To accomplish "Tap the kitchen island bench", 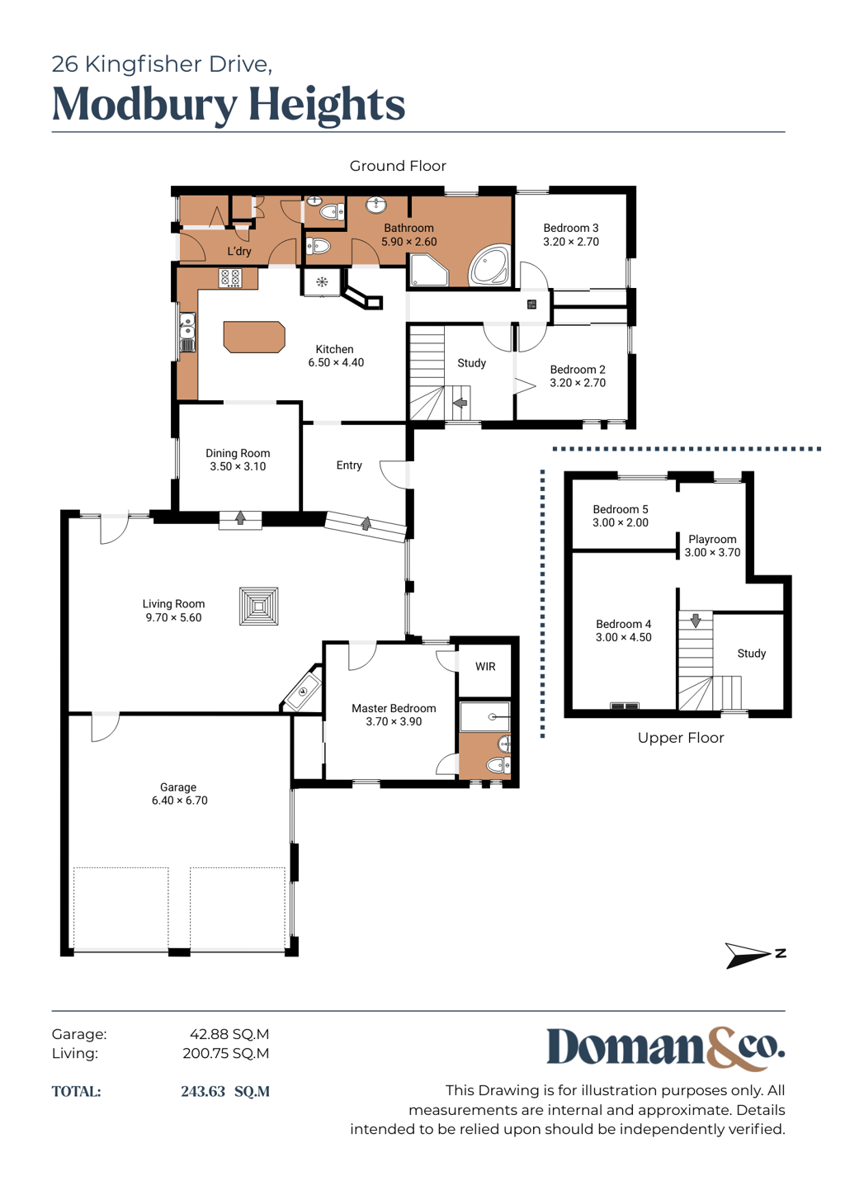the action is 254,337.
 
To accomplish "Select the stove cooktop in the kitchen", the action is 230,278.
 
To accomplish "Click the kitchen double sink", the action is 186,333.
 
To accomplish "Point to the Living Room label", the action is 173,603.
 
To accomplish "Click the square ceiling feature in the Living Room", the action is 259,606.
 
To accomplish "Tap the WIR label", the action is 485,666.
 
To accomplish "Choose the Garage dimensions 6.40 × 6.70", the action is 179,801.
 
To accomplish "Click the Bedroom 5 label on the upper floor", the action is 621,509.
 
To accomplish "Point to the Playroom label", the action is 712,539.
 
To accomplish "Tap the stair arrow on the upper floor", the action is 695,620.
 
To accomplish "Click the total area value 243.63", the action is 203,1091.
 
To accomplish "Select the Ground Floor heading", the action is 398,166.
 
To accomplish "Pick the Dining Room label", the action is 238,453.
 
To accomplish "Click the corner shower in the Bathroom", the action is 429,270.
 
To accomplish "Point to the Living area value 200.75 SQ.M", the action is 225,1053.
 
